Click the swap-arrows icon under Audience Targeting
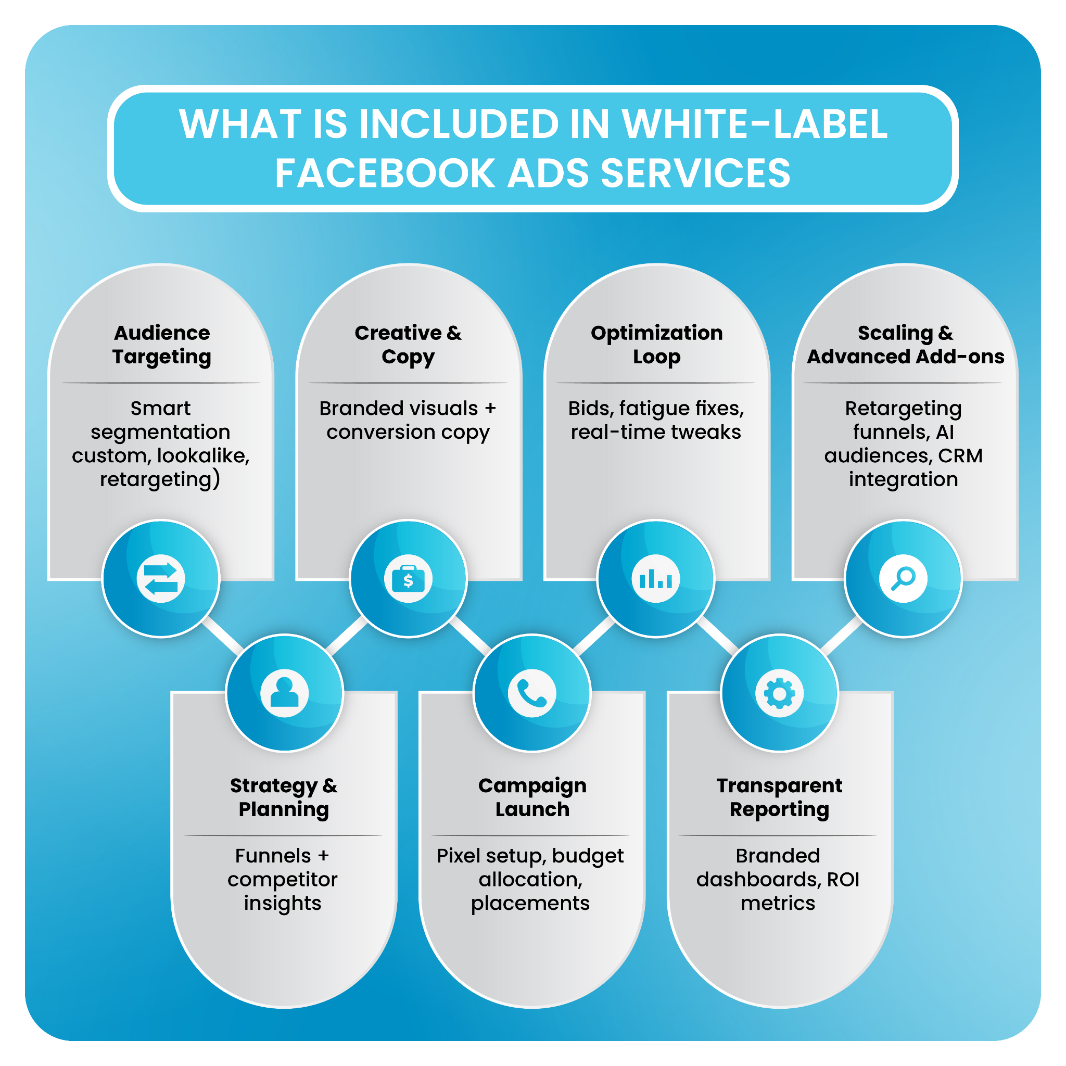[x=160, y=578]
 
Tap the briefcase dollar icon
[x=408, y=578]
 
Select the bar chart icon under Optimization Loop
[x=655, y=578]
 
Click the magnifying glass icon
[x=903, y=578]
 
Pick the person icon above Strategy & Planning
[x=285, y=693]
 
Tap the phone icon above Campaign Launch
[x=532, y=693]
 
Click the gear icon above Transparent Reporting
[x=779, y=693]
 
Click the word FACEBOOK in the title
[x=385, y=173]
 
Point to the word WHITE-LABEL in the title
[x=754, y=124]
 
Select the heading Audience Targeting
[x=162, y=345]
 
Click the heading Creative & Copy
[x=408, y=345]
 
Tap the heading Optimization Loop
[x=656, y=345]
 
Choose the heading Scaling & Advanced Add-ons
[x=905, y=345]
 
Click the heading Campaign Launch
[x=532, y=797]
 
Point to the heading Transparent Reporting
[x=779, y=797]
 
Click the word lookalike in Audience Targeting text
[x=202, y=456]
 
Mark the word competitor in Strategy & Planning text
[x=283, y=880]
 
